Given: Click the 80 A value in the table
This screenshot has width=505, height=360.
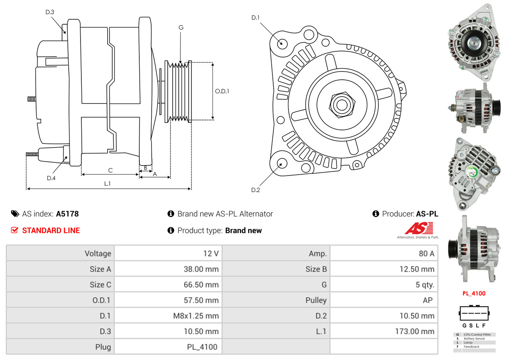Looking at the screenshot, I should (426, 254).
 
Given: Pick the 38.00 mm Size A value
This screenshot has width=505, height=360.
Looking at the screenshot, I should (201, 269).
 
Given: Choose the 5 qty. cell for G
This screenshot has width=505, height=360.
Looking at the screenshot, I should (424, 284).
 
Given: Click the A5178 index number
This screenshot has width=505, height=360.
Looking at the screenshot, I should (67, 214).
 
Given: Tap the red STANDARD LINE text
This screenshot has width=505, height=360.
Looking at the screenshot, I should (51, 231).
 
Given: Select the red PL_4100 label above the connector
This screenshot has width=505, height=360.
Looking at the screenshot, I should (474, 293).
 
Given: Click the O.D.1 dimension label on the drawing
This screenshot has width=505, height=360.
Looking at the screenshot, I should (222, 91).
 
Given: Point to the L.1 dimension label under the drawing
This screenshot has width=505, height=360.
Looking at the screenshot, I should (107, 184).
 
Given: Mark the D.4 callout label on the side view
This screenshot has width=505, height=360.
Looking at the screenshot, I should (51, 178).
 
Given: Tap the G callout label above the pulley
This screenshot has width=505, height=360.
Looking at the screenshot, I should (181, 28).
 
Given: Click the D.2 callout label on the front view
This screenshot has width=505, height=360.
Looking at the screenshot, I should (256, 190).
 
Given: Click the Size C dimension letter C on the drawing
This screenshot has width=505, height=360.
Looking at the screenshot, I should (110, 170).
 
